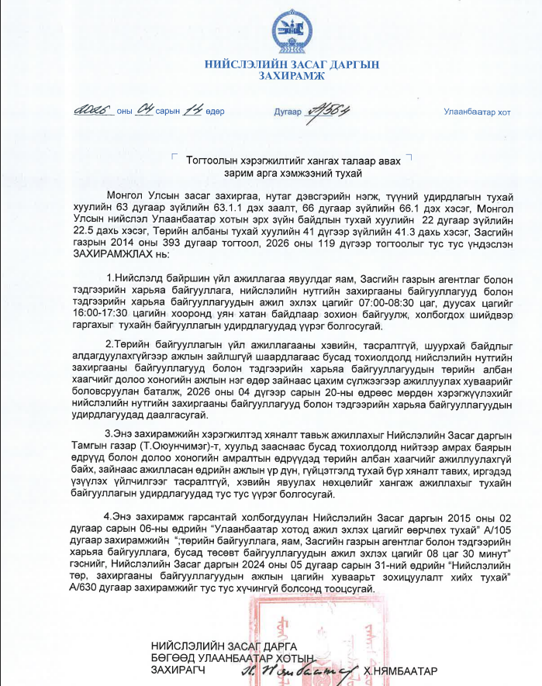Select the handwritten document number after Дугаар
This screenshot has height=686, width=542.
[x=329, y=111]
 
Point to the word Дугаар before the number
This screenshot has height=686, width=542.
[x=287, y=112]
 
